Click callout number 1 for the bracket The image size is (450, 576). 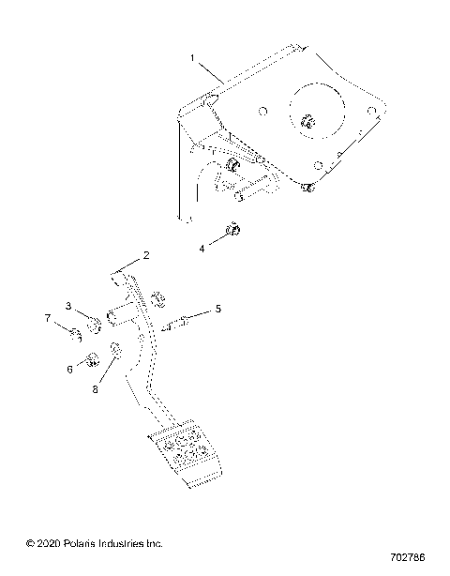[x=192, y=57]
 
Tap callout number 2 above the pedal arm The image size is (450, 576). [x=146, y=255]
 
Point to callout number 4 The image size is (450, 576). [x=201, y=249]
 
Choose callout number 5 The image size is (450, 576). [x=218, y=308]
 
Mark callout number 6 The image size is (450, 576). [x=69, y=370]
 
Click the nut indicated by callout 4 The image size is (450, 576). [x=234, y=230]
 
